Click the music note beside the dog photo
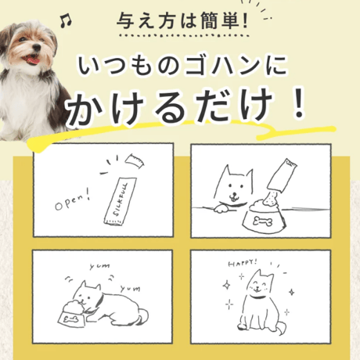pyautogui.click(x=66, y=21)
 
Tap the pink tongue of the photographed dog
pyautogui.click(x=33, y=61)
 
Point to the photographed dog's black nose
pyautogui.click(x=37, y=48)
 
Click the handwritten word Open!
pyautogui.click(x=73, y=200)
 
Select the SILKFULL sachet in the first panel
pyautogui.click(x=121, y=201)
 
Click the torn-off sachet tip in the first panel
pyautogui.click(x=135, y=161)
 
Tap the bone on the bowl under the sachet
pyautogui.click(x=263, y=221)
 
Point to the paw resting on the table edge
pyautogui.click(x=221, y=209)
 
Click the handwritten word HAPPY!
pyautogui.click(x=243, y=263)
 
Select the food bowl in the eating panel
pyautogui.click(x=72, y=314)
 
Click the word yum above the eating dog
pyautogui.click(x=99, y=266)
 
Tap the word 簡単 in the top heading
pyautogui.click(x=221, y=20)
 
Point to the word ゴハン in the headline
pyautogui.click(x=218, y=66)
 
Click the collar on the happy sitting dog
pyautogui.click(x=256, y=296)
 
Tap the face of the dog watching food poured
pyautogui.click(x=234, y=185)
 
